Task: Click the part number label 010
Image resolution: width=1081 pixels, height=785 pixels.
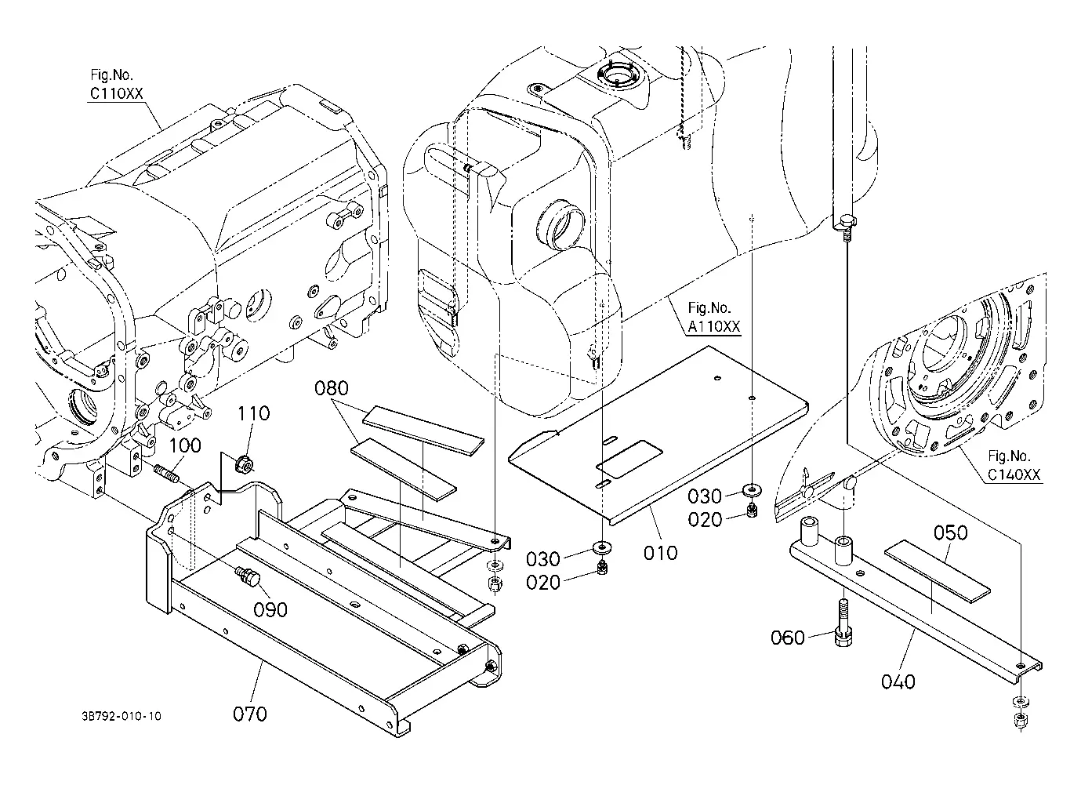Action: click(660, 554)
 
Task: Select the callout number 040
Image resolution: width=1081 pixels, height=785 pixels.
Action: click(898, 682)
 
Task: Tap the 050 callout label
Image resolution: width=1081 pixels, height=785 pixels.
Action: click(951, 533)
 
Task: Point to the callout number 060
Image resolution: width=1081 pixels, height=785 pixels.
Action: click(788, 638)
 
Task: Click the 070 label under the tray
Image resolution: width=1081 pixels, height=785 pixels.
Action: click(250, 714)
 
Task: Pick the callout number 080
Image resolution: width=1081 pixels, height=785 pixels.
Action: click(332, 388)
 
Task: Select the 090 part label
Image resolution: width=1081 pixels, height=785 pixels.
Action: click(270, 610)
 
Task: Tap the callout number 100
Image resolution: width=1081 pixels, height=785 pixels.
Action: click(184, 445)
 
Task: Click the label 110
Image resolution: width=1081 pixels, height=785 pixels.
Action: click(253, 413)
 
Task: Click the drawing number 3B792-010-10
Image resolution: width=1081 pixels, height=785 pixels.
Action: click(122, 716)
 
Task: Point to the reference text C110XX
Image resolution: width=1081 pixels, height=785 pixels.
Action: click(117, 93)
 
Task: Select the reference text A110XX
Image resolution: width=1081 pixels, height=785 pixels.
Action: click(714, 327)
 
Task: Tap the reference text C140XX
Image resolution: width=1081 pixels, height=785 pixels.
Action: click(1014, 475)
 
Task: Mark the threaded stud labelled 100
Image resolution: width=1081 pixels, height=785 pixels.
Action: click(166, 473)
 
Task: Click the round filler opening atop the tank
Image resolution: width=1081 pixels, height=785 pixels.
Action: click(618, 76)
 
